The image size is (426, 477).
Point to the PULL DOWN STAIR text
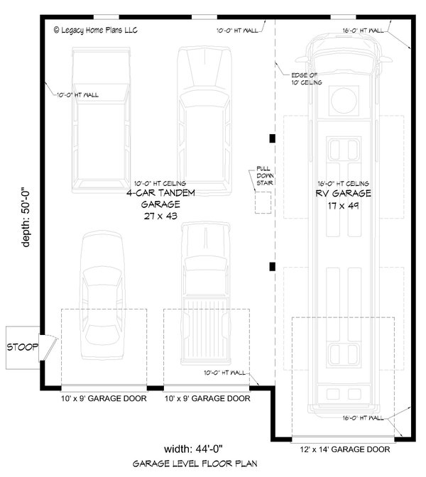pyautogui.click(x=264, y=176)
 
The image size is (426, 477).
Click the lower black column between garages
pyautogui.click(x=272, y=267)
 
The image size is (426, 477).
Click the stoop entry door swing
pyautogui.click(x=46, y=347)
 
